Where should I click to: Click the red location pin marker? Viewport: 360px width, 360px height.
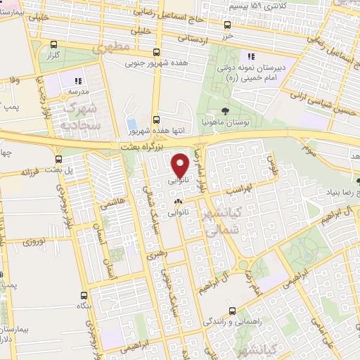click(x=180, y=165)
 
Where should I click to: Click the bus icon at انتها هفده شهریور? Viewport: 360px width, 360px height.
click(x=156, y=120)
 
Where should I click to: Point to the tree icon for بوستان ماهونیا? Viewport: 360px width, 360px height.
click(x=224, y=110)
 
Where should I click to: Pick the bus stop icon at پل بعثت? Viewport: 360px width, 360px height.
click(x=58, y=159)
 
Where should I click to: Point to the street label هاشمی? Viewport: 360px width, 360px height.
click(x=110, y=202)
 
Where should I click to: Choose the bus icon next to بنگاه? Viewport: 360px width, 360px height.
click(x=84, y=295)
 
